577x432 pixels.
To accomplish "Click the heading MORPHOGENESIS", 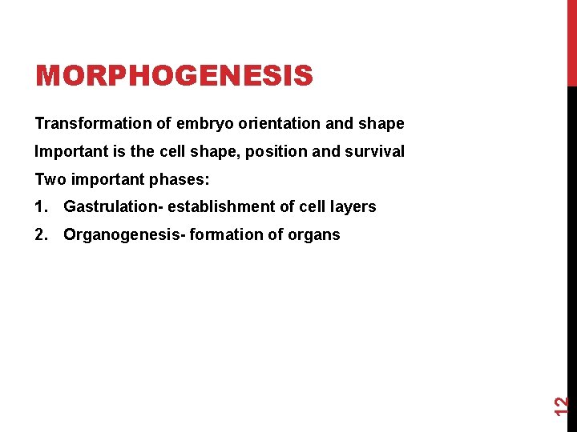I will point(174,76).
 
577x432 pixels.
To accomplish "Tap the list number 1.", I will point(41,207).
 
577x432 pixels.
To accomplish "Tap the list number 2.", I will point(41,234).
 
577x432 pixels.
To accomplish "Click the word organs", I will point(315,234).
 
